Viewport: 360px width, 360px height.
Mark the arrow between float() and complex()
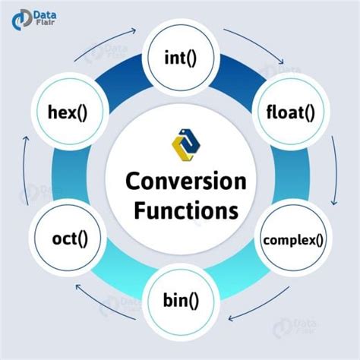coord(334,179)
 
